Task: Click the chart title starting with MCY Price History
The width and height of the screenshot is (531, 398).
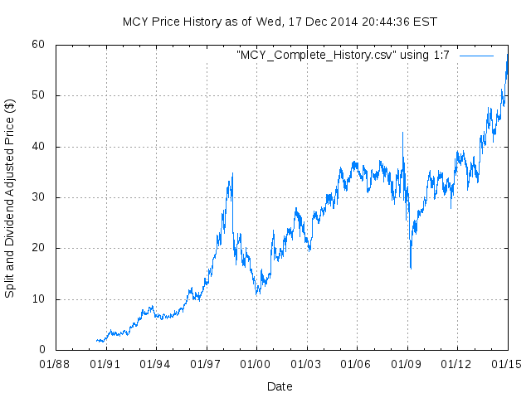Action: tap(280, 22)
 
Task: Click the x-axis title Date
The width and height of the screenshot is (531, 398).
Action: tap(280, 386)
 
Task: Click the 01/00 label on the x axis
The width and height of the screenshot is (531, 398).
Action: tap(256, 363)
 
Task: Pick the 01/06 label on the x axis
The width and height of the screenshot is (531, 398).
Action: tap(357, 363)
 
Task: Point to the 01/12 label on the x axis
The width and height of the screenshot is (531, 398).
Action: tap(457, 363)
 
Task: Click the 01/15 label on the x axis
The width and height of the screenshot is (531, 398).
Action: tap(508, 363)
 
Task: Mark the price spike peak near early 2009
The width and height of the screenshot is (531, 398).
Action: tap(402, 133)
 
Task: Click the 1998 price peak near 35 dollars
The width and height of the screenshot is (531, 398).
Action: tap(232, 173)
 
